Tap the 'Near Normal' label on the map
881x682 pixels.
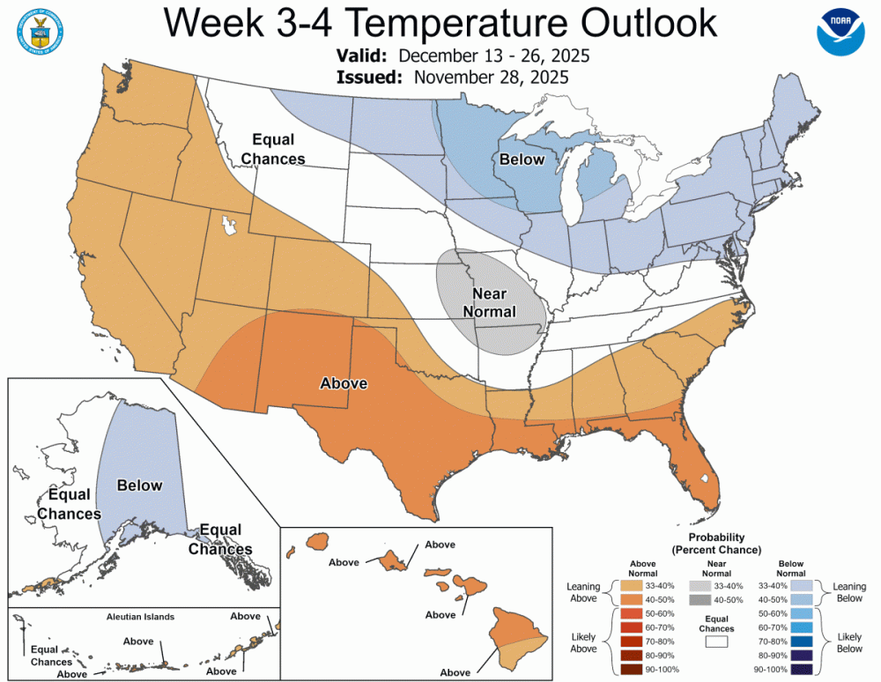pyautogui.click(x=494, y=302)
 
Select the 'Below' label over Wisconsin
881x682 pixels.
pyautogui.click(x=522, y=159)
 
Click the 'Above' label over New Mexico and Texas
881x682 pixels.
pyautogui.click(x=344, y=383)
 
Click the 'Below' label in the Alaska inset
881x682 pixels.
pyautogui.click(x=139, y=485)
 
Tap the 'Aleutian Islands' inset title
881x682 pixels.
pyautogui.click(x=141, y=617)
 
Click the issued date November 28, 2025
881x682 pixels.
pyautogui.click(x=491, y=77)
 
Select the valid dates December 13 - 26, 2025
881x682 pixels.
pyautogui.click(x=494, y=56)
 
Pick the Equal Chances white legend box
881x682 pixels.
pyautogui.click(x=715, y=643)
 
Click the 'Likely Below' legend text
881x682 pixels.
pyautogui.click(x=850, y=641)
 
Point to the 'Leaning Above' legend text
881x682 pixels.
pyautogui.click(x=582, y=593)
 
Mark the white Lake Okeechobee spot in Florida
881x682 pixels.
pyautogui.click(x=703, y=478)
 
